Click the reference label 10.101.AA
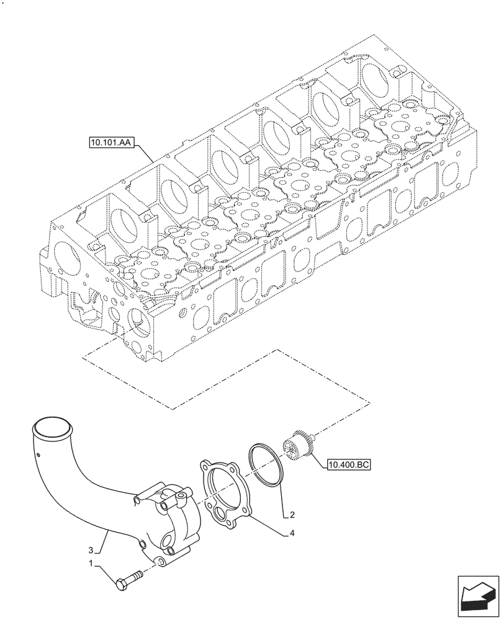click(109, 143)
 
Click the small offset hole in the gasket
click(220, 513)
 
